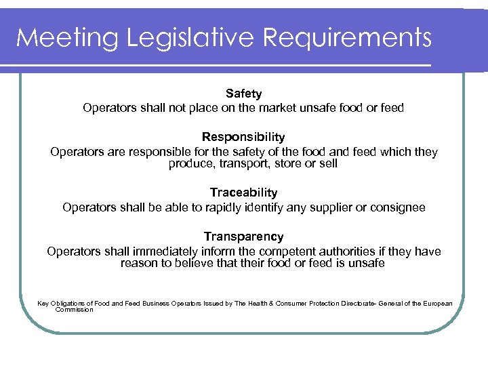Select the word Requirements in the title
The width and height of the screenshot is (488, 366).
346,38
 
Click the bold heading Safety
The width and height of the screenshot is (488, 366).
243,94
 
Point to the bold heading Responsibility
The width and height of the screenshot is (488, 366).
243,138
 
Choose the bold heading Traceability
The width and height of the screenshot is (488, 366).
243,193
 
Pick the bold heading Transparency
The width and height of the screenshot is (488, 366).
243,237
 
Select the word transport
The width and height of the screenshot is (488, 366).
237,163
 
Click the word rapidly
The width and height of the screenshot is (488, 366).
208,207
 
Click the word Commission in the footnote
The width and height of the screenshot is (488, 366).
75,309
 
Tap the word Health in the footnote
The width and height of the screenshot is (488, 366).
261,303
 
